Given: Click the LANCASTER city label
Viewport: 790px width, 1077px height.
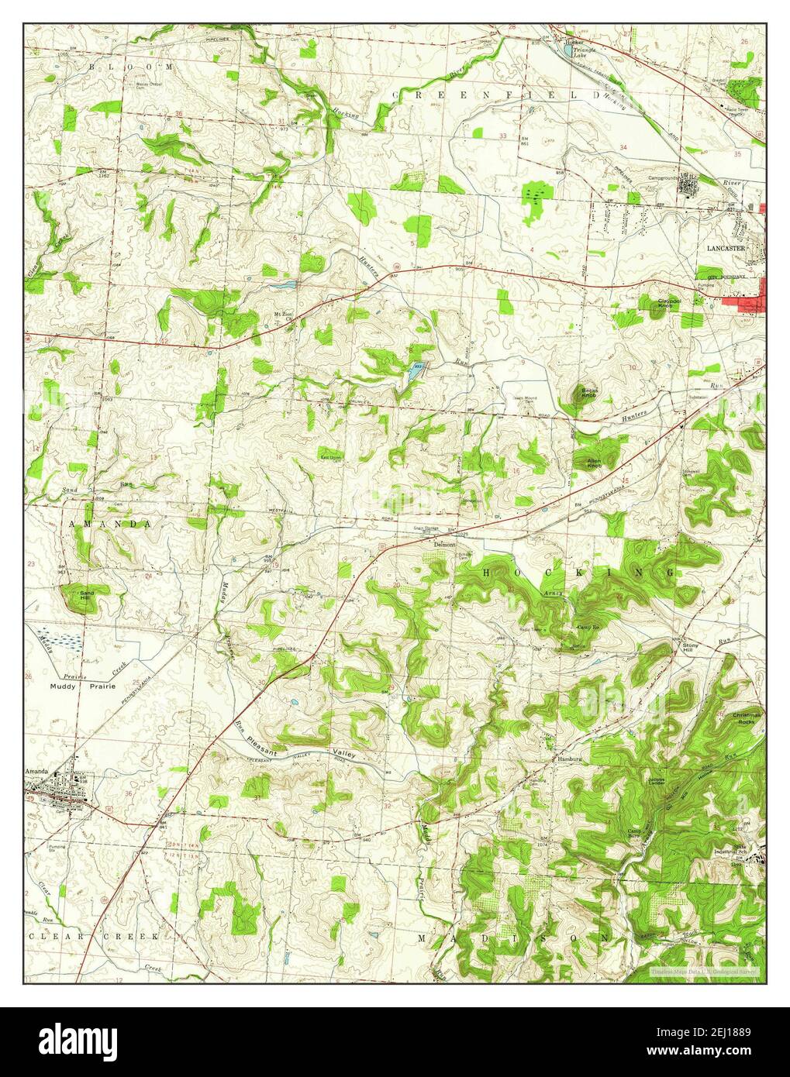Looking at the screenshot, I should pos(725,248).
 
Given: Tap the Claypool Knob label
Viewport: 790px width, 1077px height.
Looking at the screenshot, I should pos(669,303).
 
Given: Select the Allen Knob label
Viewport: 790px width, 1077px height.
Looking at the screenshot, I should pos(594,463).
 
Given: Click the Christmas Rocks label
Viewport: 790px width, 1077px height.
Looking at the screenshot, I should pos(747,717).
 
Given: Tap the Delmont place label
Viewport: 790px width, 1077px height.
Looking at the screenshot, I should pos(444,545).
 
